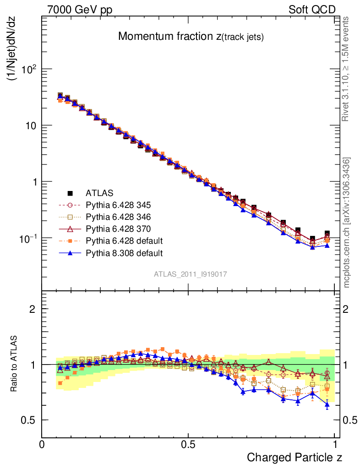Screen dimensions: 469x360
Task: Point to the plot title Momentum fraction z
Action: pos(191,37)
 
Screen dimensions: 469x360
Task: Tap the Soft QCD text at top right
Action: pos(312,10)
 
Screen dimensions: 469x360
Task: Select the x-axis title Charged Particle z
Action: pos(295,457)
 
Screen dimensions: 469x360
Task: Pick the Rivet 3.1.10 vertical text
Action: pos(347,69)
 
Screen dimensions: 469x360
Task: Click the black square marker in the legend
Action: pos(70,193)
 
